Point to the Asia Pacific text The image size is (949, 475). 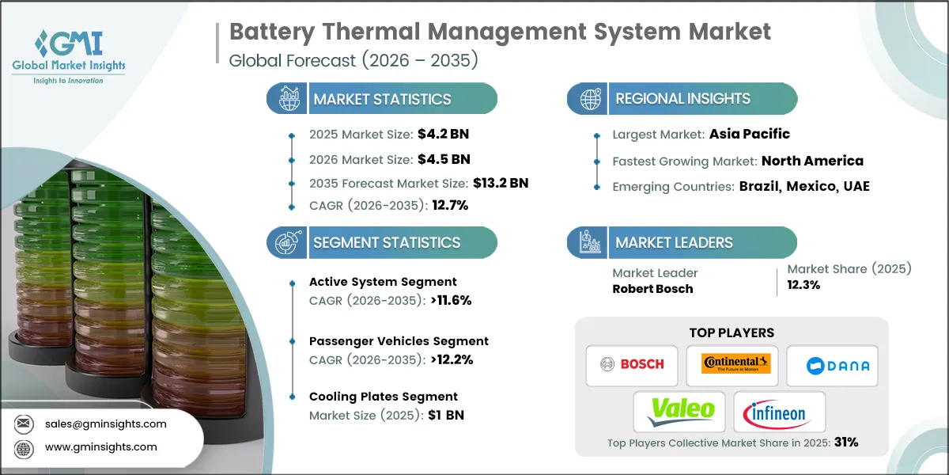748,134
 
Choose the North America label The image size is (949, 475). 812,161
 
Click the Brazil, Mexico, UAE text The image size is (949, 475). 803,187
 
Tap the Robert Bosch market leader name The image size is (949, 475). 652,288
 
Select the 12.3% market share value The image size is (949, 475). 803,285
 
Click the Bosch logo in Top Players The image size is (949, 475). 631,365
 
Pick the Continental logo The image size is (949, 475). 732,364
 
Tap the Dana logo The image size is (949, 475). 832,365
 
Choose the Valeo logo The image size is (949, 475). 680,411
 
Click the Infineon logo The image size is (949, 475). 779,411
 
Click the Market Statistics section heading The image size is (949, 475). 382,100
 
